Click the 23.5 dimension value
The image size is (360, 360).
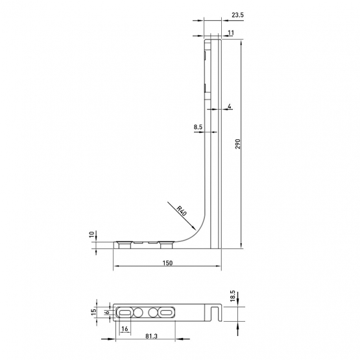pyautogui.click(x=237, y=15)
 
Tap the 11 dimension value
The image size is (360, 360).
pyautogui.click(x=231, y=33)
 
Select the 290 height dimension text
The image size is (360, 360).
pyautogui.click(x=237, y=144)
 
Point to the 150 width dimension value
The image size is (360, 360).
pyautogui.click(x=167, y=263)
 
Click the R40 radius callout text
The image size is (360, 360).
pyautogui.click(x=182, y=211)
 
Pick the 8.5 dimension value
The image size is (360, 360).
pyautogui.click(x=198, y=126)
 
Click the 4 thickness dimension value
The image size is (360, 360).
pyautogui.click(x=230, y=106)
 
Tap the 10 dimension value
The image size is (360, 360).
pyautogui.click(x=92, y=234)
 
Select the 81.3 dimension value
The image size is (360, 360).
pyautogui.click(x=152, y=336)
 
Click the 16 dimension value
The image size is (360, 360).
pyautogui.click(x=125, y=329)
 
